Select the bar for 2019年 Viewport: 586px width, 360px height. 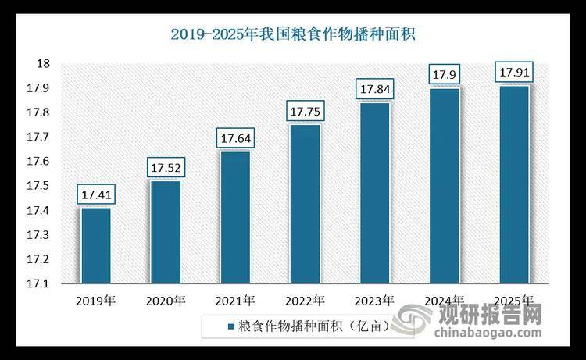point(95,245)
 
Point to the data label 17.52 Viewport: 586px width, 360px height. point(165,167)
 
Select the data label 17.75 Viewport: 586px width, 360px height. point(305,111)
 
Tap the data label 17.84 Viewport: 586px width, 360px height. point(374,89)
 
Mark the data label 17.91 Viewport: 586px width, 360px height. point(514,73)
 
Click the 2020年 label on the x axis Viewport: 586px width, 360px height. point(165,300)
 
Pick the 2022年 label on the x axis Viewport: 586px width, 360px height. point(305,300)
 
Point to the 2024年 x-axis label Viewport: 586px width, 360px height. point(444,300)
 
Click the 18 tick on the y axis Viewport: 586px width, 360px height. point(45,64)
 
